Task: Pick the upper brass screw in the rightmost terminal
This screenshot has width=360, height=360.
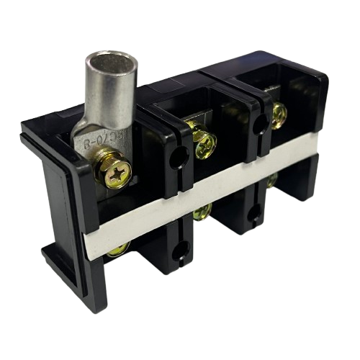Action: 278,111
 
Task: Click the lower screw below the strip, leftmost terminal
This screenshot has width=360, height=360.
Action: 115,251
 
